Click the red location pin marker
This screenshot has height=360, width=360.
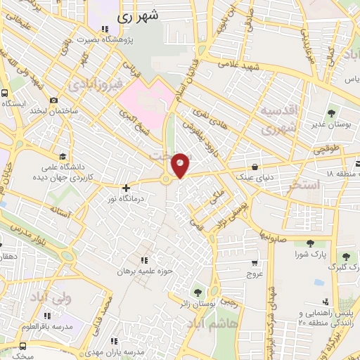tap(181, 166)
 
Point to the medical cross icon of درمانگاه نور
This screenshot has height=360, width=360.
tap(126, 188)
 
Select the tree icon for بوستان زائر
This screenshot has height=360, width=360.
tap(198, 291)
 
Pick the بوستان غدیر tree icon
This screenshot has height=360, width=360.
tap(332, 113)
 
